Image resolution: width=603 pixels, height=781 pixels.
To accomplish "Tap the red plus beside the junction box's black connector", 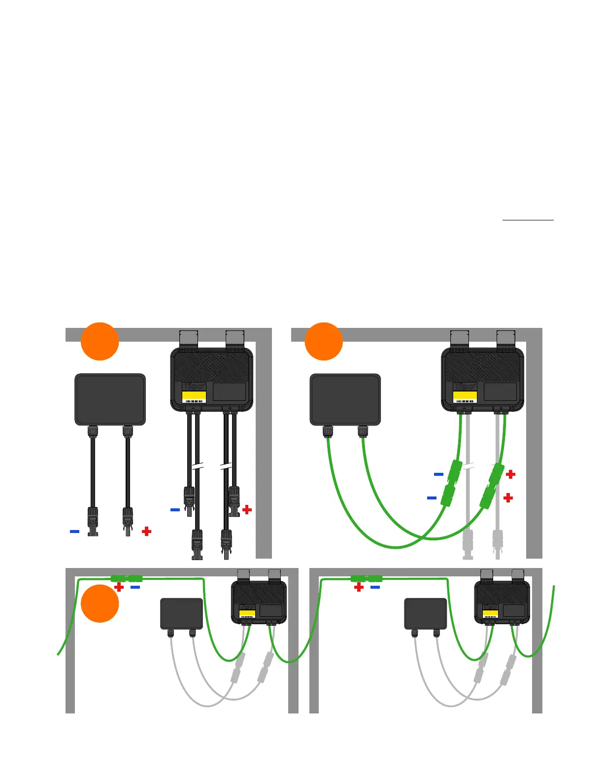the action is (x=146, y=531).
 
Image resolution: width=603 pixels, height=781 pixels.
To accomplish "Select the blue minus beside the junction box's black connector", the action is (x=74, y=531).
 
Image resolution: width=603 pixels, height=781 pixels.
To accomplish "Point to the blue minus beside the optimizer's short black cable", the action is (x=175, y=509).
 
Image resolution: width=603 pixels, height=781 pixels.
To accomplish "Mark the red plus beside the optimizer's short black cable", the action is (x=247, y=509).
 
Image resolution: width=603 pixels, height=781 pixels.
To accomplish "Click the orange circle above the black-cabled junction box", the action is (x=100, y=341).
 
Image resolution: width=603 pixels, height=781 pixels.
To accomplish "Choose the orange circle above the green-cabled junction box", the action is (x=324, y=341).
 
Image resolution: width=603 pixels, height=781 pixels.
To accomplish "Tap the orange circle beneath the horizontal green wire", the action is (x=100, y=603).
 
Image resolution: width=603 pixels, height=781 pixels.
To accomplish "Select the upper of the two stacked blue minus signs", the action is (x=438, y=474).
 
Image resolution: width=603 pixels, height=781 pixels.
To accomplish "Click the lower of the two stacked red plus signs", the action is (x=508, y=498).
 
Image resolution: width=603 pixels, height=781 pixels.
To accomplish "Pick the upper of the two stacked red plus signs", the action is (x=511, y=474).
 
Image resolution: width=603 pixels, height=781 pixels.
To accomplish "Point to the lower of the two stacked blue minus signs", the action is (x=432, y=498).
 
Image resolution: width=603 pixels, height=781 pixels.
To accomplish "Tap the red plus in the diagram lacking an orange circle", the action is (x=359, y=587).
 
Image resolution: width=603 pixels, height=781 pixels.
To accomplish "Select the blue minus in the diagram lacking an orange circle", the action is (x=375, y=587).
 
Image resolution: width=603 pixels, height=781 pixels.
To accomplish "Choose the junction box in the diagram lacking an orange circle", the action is (x=425, y=614).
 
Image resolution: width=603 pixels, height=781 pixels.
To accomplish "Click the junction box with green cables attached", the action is (x=345, y=399).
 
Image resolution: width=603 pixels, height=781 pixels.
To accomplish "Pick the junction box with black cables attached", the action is (x=110, y=399).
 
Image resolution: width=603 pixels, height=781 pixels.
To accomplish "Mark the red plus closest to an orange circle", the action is (x=119, y=587).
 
